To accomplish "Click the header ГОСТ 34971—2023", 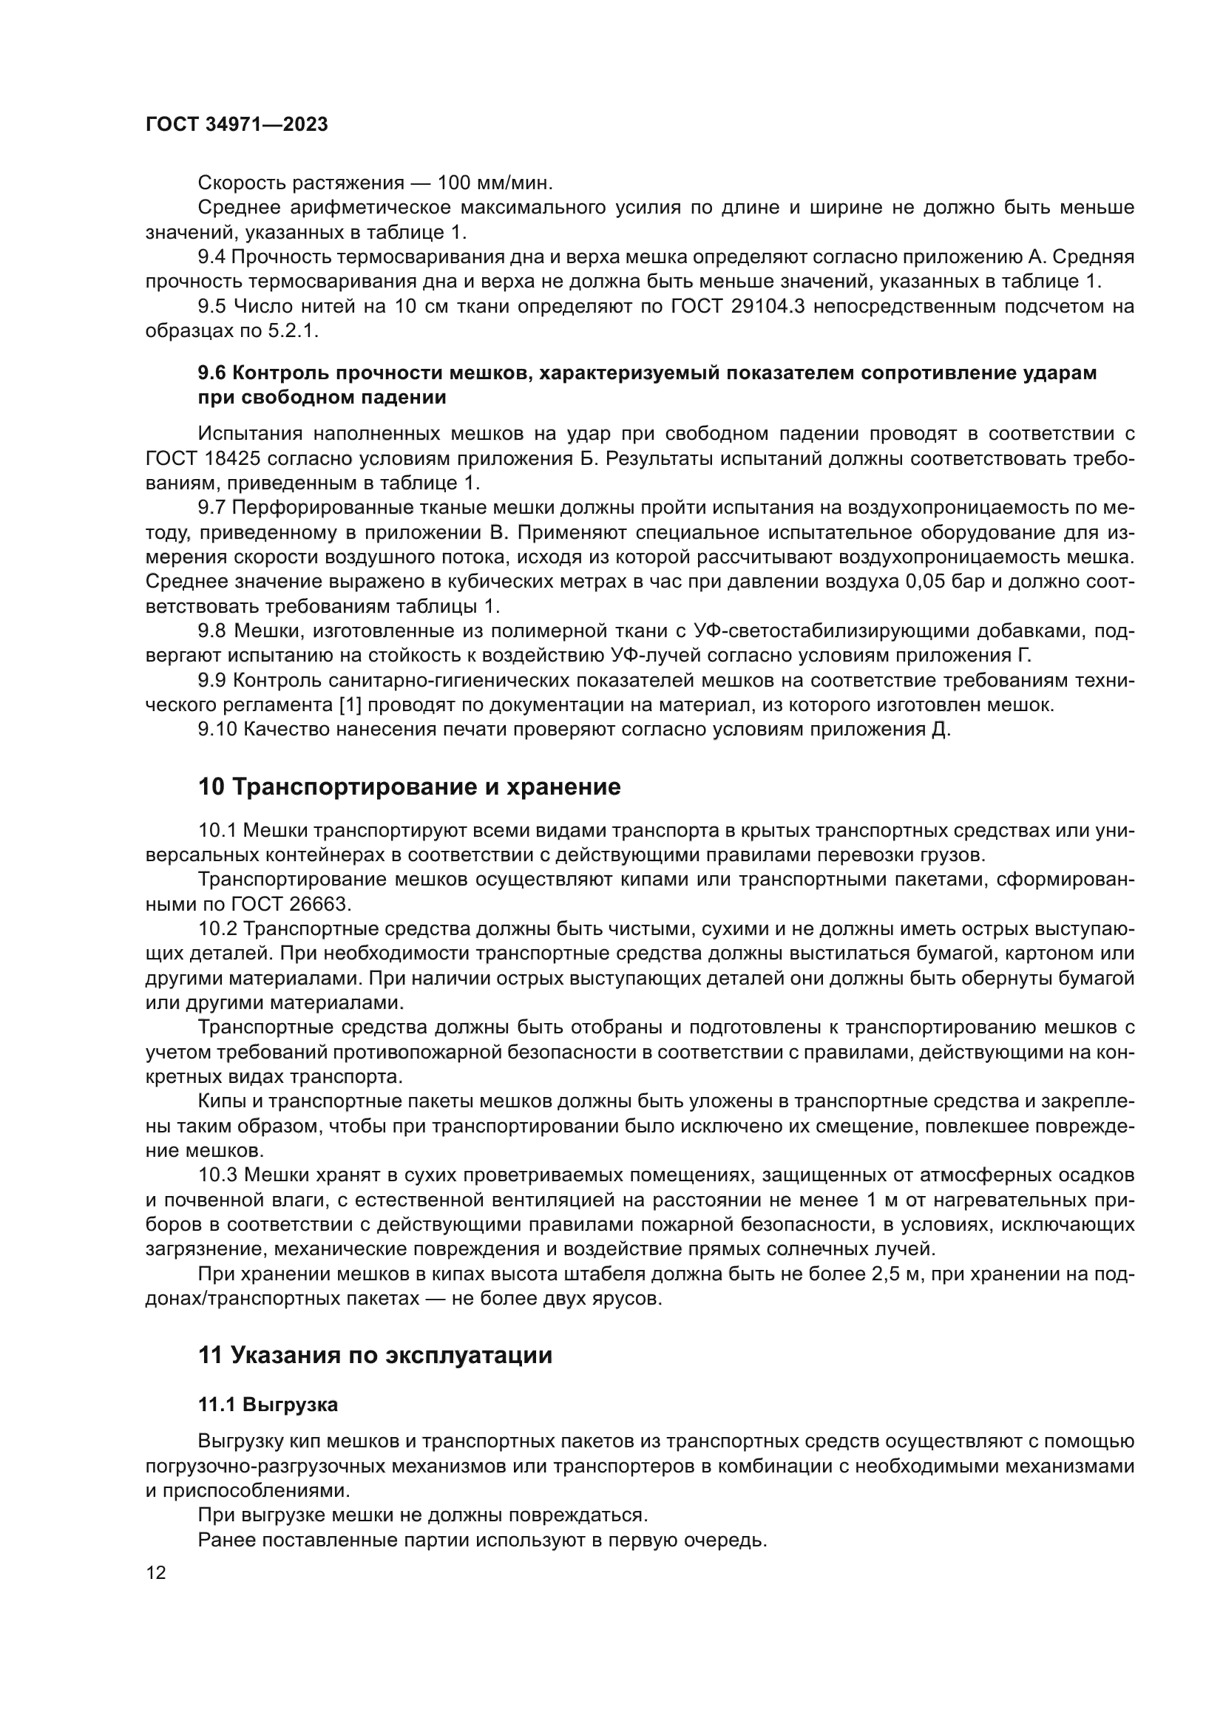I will pos(237,125).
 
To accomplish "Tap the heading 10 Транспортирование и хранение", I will pos(409,787).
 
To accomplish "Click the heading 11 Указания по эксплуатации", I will pos(375,1356).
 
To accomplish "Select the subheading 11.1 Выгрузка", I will pos(268,1404).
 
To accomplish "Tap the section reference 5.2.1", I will pos(294,331).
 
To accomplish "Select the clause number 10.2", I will pos(217,928).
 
